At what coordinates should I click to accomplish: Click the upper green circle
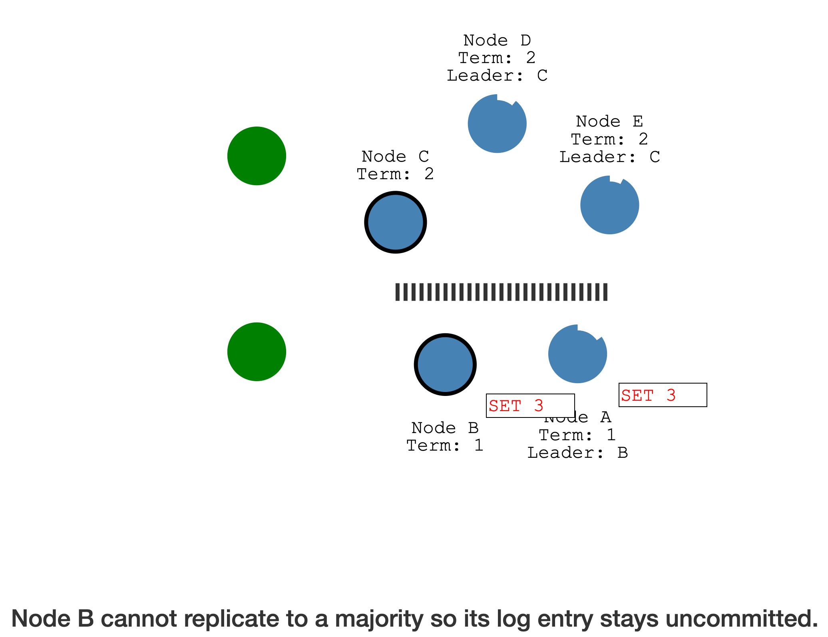[257, 156]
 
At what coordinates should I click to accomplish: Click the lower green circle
[257, 352]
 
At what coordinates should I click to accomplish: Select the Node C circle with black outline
[395, 222]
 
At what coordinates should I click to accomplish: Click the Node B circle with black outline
[445, 364]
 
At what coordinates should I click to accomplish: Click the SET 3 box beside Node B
[530, 406]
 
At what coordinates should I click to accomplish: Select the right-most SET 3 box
[663, 395]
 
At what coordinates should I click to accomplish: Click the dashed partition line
[502, 292]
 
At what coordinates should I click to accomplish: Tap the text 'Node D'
[497, 41]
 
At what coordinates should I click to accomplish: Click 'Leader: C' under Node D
[497, 76]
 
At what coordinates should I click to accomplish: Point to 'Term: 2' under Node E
[609, 139]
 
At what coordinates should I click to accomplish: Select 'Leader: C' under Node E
[609, 157]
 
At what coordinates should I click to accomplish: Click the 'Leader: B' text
[577, 453]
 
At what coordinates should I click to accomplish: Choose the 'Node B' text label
[445, 428]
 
